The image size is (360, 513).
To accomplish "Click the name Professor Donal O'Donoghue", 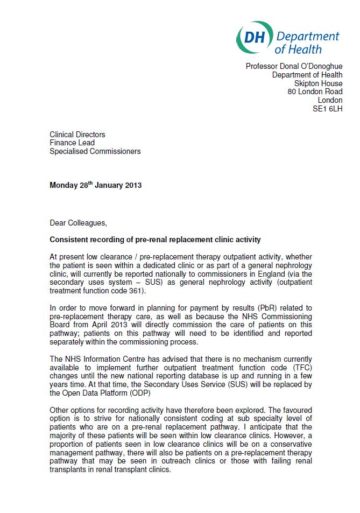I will point(294,66).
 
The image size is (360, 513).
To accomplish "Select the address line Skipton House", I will point(318,83).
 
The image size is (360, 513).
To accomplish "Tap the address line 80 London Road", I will point(315,92).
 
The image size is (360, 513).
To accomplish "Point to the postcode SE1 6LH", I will point(327,109).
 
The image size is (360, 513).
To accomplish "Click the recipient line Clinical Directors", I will point(77,135).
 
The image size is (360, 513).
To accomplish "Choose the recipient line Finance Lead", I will point(72,143).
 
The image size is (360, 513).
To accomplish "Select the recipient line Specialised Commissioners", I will point(95,151).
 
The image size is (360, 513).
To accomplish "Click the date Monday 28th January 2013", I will point(96,185).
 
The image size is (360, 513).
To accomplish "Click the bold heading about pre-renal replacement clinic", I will point(156,240).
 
